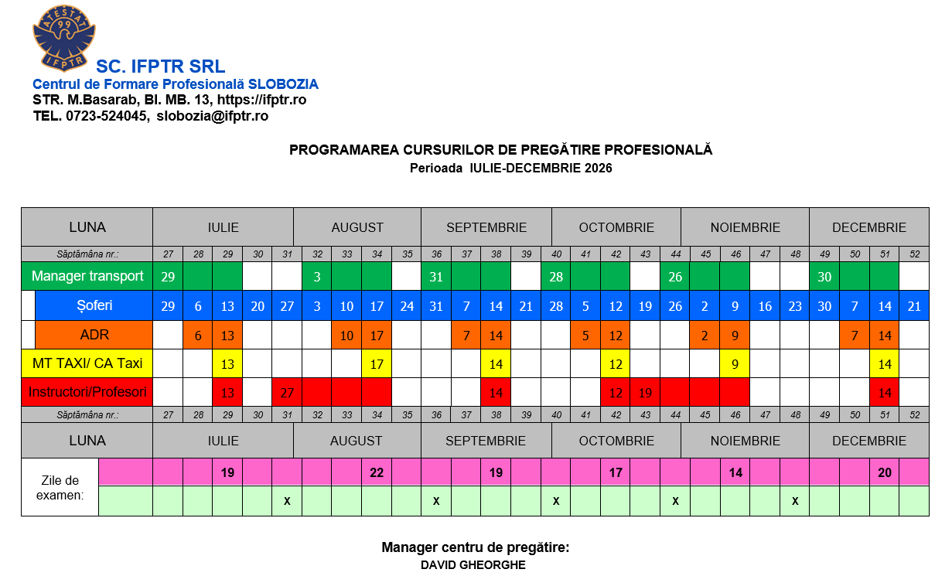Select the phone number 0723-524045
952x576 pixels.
tap(107, 116)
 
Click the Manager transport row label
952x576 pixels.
tap(87, 276)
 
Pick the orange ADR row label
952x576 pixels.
tap(94, 335)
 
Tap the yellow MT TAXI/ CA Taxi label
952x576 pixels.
tap(87, 363)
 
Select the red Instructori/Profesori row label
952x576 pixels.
tap(87, 392)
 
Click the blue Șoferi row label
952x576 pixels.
tap(94, 305)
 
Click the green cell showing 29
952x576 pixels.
tap(168, 276)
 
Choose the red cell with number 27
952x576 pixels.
tap(287, 393)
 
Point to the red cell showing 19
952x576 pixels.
tap(645, 393)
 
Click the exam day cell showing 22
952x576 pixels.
tap(377, 472)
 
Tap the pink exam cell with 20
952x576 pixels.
tap(885, 472)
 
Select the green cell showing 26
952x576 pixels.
tap(675, 276)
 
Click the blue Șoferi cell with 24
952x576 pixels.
tap(407, 306)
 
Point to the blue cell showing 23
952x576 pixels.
tap(795, 306)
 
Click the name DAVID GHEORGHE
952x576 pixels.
tap(473, 565)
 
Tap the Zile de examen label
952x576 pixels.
tap(60, 487)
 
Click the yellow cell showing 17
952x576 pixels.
tap(377, 363)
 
